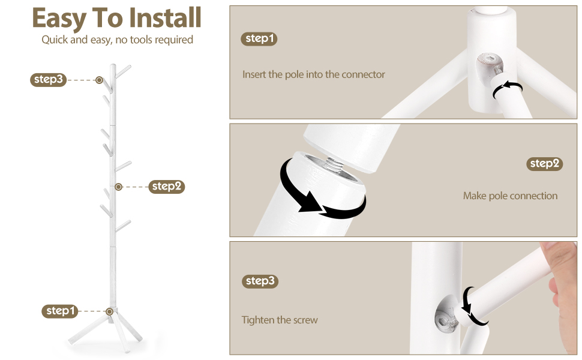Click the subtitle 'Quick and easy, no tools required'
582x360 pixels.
[x=117, y=40]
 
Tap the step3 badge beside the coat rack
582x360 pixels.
[x=48, y=79]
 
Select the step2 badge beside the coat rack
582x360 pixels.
[x=167, y=187]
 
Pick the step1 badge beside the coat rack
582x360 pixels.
[x=60, y=311]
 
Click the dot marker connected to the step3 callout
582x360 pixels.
[x=99, y=80]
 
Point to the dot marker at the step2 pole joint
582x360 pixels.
[x=118, y=187]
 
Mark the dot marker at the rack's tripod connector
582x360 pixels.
[x=109, y=311]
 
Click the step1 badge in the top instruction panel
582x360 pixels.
[x=259, y=38]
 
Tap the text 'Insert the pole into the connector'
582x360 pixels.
[x=314, y=74]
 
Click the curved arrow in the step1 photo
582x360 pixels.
[x=507, y=88]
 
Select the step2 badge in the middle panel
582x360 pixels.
[x=545, y=164]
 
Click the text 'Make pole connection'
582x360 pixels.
[x=511, y=196]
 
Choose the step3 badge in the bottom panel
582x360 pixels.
[x=260, y=281]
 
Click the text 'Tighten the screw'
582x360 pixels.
[x=280, y=320]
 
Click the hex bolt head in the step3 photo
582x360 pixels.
[x=446, y=319]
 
